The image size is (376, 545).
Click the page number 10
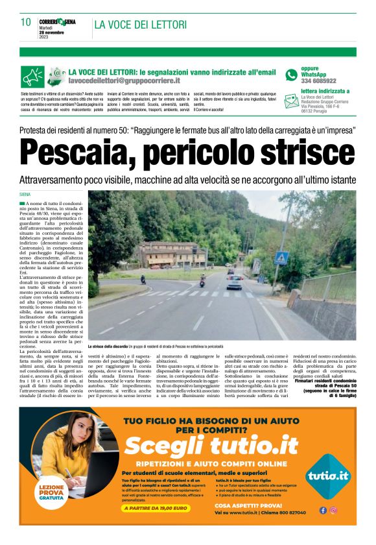click(x=26, y=23)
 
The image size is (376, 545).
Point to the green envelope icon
click(x=290, y=101)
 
